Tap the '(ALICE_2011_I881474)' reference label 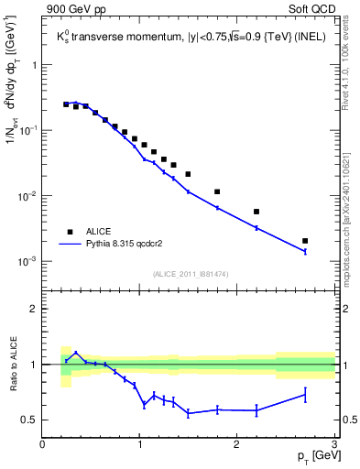coord(190,273)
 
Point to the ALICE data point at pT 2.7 coord(305,241)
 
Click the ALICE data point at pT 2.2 coord(256,212)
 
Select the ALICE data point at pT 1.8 coord(217,191)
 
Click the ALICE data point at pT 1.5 coord(188,174)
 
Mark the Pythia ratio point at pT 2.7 coord(305,395)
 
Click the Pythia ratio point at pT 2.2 coord(256,409)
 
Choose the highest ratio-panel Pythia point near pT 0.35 coord(76,353)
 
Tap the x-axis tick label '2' coord(237,444)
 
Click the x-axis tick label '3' coord(333,444)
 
